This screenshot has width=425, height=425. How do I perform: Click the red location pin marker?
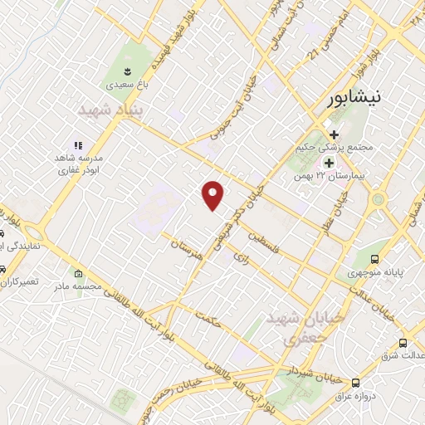point(213,195)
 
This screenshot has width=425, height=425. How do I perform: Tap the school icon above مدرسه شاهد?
point(79,146)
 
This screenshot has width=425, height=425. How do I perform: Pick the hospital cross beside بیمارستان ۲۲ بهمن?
point(330,164)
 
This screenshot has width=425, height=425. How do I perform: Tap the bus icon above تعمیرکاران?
point(5,271)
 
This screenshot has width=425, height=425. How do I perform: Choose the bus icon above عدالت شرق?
point(403,343)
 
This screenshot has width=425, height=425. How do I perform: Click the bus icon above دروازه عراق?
point(355,383)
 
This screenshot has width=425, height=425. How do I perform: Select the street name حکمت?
point(208,319)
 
